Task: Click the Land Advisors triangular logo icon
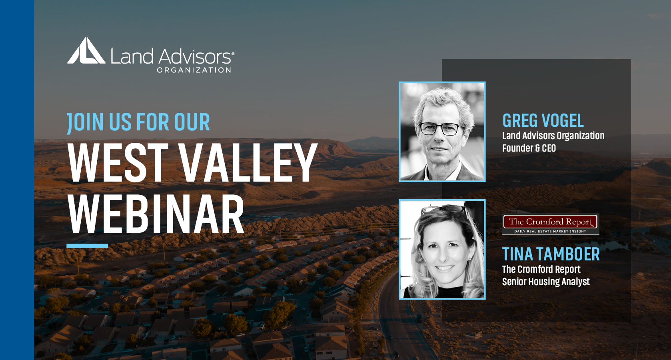pyautogui.click(x=86, y=50)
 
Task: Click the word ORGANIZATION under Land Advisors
pyautogui.click(x=194, y=70)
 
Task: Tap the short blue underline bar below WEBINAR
pyautogui.click(x=87, y=246)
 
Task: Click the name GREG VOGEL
pyautogui.click(x=543, y=120)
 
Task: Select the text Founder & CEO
pyautogui.click(x=529, y=148)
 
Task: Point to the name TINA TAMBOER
pyautogui.click(x=551, y=254)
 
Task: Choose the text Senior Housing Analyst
pyautogui.click(x=546, y=282)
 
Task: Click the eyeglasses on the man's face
pyautogui.click(x=440, y=129)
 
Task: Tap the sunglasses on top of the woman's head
pyautogui.click(x=444, y=209)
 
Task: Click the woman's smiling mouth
pyautogui.click(x=444, y=268)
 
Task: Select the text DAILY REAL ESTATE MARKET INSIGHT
pyautogui.click(x=550, y=232)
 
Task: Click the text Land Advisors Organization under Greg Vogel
pyautogui.click(x=553, y=136)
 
